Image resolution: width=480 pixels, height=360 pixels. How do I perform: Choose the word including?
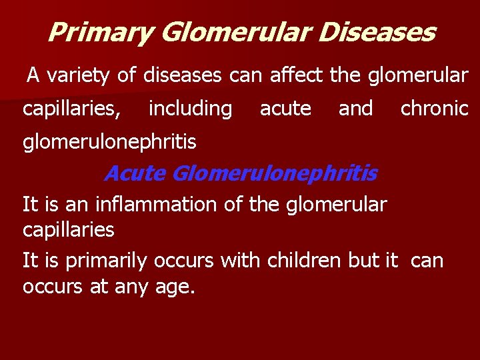point(190,108)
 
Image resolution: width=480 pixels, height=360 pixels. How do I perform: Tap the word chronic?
point(434,108)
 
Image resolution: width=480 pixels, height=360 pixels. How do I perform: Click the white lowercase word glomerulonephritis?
point(109,141)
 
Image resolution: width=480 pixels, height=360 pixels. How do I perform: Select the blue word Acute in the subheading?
point(135,173)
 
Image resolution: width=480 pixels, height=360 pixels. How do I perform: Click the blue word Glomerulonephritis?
point(274,173)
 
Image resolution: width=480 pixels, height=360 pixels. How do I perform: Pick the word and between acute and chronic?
point(355,108)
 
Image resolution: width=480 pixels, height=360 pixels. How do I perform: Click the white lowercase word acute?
point(285,108)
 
